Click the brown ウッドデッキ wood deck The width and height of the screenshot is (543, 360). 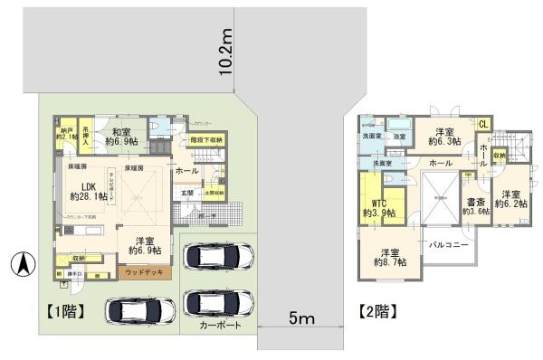144,270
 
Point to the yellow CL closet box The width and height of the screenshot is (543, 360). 484,124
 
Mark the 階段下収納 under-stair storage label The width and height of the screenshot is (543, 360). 207,139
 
